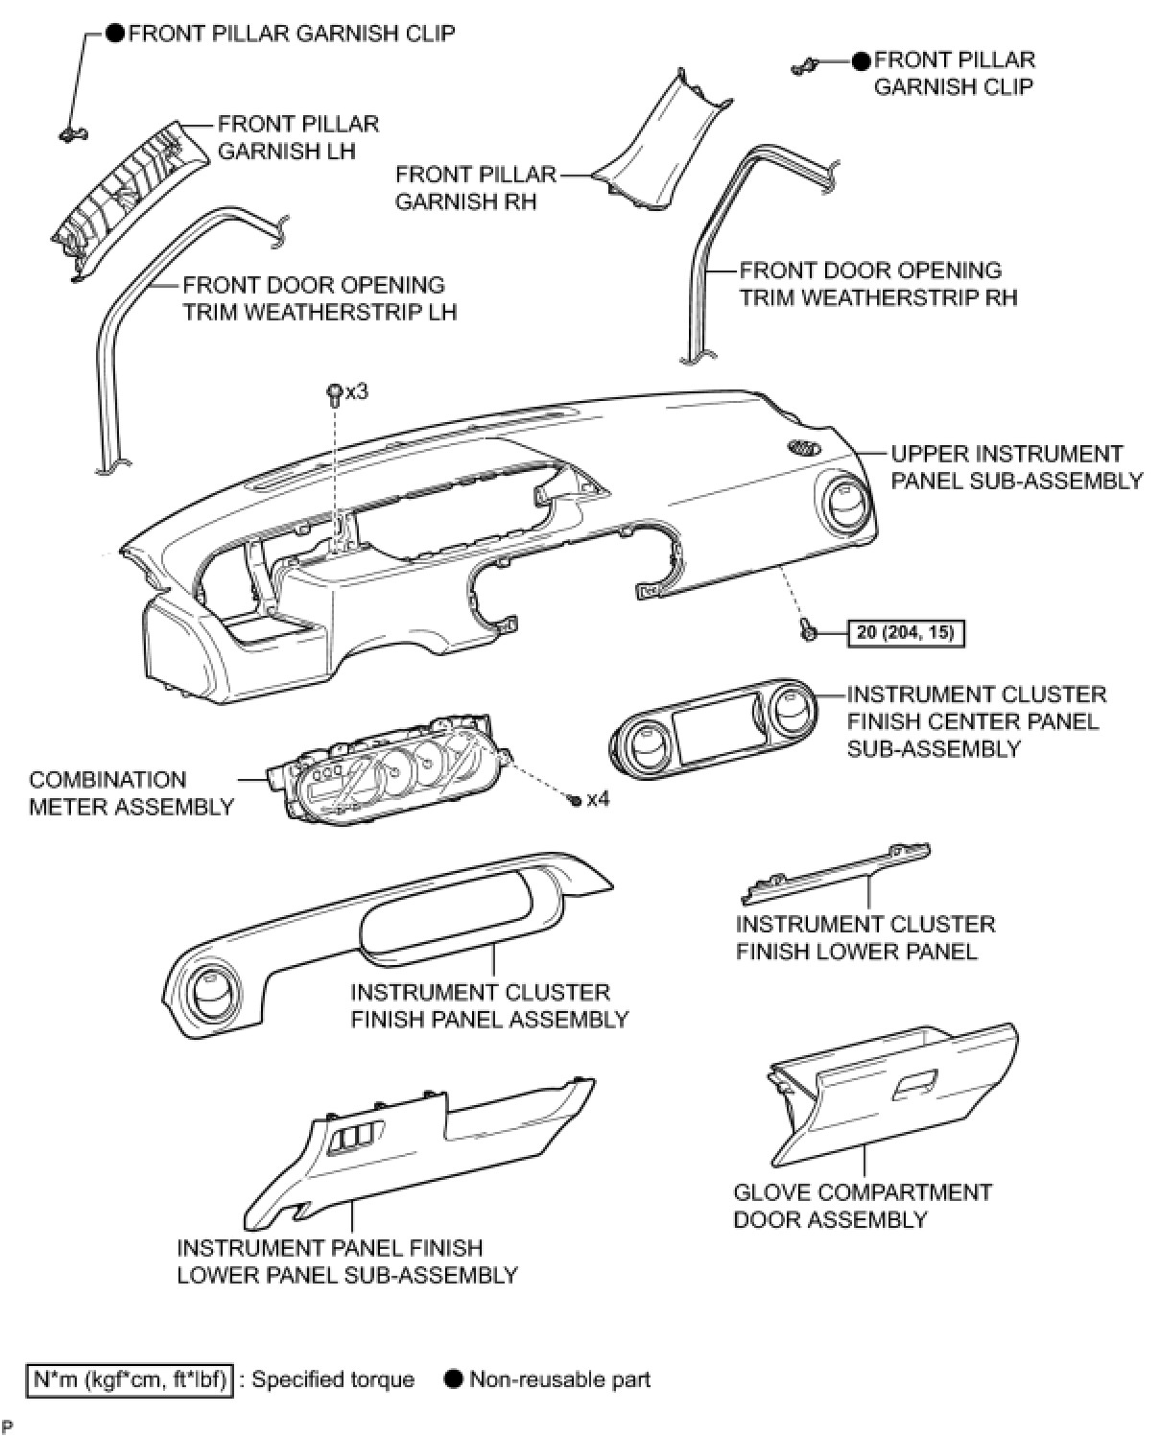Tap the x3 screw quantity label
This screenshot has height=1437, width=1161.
coord(357,391)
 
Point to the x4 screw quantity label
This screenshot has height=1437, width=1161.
coord(597,798)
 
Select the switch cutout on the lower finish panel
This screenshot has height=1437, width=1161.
coord(350,1139)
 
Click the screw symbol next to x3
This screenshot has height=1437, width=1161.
coord(334,391)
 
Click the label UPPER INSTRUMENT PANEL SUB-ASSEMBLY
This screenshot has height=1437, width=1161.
coord(1016,467)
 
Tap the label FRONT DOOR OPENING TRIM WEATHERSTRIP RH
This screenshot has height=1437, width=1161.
coord(877,284)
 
